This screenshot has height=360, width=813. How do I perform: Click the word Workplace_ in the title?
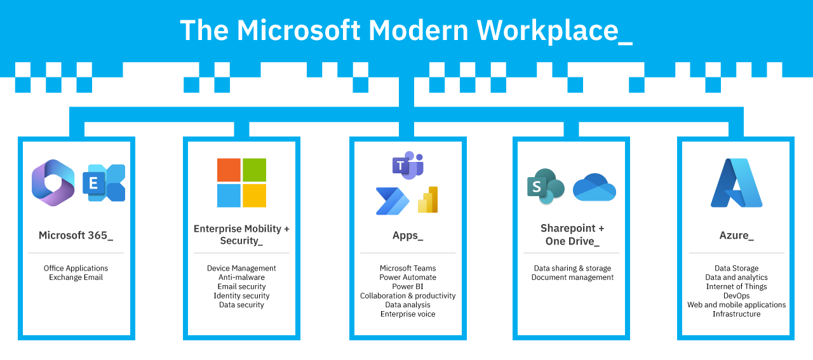(x=554, y=30)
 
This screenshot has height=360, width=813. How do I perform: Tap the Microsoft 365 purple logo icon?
(x=53, y=183)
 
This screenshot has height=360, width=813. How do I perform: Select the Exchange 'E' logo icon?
(x=104, y=183)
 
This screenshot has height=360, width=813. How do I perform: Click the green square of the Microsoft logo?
(x=254, y=170)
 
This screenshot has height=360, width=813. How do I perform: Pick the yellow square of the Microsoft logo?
(x=254, y=196)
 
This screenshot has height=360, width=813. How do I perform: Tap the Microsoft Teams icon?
(x=407, y=165)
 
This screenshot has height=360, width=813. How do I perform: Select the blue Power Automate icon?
(x=392, y=201)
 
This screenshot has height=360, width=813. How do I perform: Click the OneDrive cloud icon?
(x=595, y=188)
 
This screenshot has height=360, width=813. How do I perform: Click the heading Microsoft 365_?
(x=76, y=236)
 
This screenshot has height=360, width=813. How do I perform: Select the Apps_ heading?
(x=408, y=236)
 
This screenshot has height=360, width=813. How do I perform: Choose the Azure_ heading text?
(x=737, y=236)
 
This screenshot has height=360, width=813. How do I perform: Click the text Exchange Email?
(x=76, y=277)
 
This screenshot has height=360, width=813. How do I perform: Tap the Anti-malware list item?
(x=241, y=277)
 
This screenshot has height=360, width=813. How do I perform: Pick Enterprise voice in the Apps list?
(x=408, y=314)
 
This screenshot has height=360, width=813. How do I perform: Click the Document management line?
(x=572, y=277)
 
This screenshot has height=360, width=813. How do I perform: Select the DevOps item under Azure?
(x=737, y=296)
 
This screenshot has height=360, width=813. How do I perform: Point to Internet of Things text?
(x=737, y=286)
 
